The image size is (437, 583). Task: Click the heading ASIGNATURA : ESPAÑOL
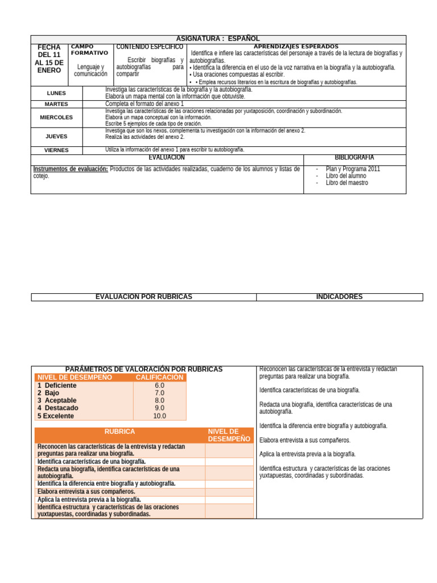tap(218, 39)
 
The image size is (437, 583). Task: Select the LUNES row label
tap(56, 93)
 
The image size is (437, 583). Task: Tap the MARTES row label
tap(56, 104)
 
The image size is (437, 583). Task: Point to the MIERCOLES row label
tap(56, 117)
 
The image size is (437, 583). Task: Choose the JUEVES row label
tap(56, 137)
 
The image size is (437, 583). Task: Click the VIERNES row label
tap(56, 150)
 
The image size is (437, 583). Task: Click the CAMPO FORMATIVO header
tap(89, 50)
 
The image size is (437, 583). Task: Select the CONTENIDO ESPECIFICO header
tap(149, 47)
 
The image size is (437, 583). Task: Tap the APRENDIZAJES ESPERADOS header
tap(296, 47)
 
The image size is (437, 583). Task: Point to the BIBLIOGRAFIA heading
tap(354, 157)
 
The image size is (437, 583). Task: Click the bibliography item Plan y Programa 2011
tap(353, 169)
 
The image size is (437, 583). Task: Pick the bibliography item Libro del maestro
tap(347, 183)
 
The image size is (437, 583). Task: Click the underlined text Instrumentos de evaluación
tap(71, 169)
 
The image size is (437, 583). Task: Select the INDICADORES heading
tap(339, 297)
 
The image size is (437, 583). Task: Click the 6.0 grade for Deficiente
tap(159, 385)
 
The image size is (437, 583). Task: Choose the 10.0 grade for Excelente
tap(159, 416)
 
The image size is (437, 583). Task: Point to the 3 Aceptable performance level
tap(57, 400)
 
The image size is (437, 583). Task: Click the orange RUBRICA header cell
tap(119, 432)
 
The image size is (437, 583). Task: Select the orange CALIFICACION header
tap(159, 377)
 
